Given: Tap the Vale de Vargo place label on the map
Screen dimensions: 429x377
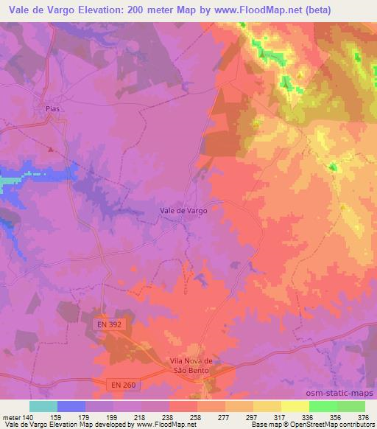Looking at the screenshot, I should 183,210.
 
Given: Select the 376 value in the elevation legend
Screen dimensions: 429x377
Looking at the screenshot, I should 363,416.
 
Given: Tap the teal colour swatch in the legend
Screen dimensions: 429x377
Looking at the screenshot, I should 43,406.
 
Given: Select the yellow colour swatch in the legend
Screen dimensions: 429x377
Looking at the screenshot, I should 295,406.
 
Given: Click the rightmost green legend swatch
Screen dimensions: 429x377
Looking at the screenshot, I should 350,406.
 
